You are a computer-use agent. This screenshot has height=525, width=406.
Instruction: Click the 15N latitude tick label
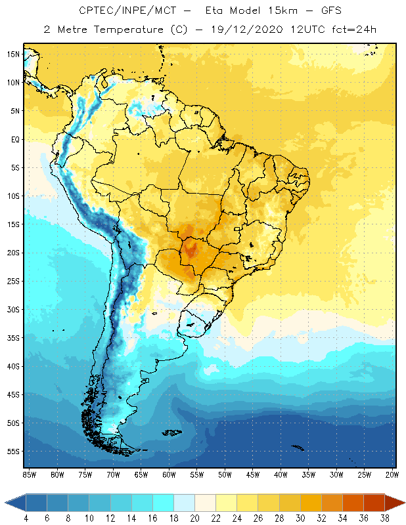point(13,54)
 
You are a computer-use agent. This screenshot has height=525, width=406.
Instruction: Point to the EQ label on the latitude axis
point(14,139)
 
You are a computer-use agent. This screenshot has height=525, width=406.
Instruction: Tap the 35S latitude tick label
point(13,337)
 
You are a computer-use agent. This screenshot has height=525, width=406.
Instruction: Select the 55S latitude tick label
point(13,451)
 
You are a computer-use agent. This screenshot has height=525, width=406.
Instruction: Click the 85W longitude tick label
point(30,474)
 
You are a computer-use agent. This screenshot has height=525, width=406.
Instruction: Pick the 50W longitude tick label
point(225,474)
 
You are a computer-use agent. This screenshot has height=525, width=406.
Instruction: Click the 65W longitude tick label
point(141,474)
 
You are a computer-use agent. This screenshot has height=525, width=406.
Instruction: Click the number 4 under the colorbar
point(26,518)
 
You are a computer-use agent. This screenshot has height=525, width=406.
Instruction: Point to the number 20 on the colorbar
point(194,518)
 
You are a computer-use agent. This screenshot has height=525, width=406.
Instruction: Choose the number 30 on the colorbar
point(300,518)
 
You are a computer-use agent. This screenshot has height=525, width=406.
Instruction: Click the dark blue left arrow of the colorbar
point(14,503)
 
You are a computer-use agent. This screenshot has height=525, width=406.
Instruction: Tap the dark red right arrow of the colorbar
point(394,503)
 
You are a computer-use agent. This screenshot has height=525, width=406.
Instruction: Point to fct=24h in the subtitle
point(353,30)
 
